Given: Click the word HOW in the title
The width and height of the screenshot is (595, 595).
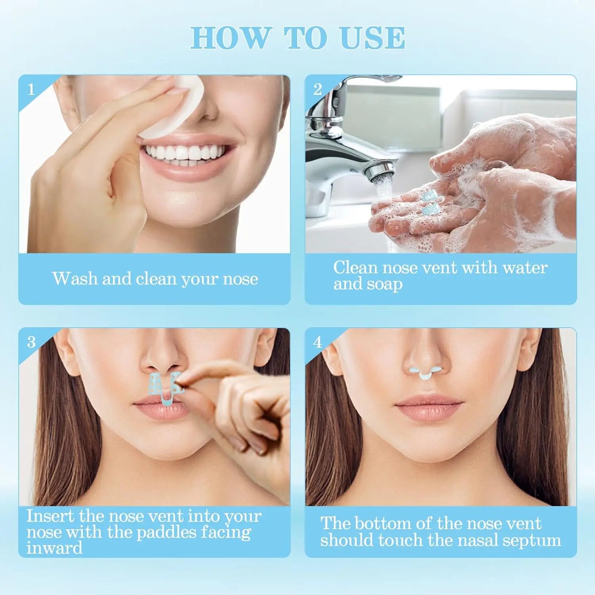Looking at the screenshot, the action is [x=231, y=38].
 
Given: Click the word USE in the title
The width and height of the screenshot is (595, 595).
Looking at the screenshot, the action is [x=372, y=38].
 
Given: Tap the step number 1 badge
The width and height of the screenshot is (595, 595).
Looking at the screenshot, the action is [x=31, y=89].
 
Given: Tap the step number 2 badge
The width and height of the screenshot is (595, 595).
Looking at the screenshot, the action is [x=318, y=89].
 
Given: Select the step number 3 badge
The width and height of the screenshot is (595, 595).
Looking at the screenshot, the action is [x=31, y=342].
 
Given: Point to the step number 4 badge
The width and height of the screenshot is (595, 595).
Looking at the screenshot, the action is [x=318, y=342].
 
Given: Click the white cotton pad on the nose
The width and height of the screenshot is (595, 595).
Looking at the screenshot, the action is [x=175, y=107].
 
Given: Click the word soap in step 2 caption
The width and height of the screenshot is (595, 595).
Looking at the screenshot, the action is [x=384, y=284].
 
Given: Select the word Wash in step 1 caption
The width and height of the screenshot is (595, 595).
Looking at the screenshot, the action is [x=75, y=278].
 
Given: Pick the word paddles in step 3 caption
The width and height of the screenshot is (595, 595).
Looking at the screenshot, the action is [x=167, y=533].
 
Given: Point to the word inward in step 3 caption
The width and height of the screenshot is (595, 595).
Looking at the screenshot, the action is [x=54, y=548].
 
